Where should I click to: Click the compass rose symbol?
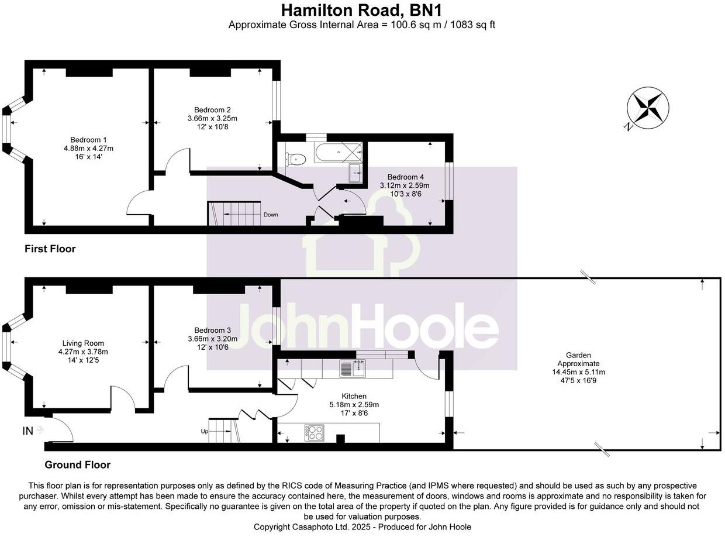[648, 108]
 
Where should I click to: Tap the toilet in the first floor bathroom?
[296, 158]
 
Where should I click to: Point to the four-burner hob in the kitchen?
[314, 433]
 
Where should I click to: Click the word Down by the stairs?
[270, 215]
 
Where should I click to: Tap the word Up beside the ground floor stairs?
[205, 432]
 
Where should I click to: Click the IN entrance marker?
[28, 431]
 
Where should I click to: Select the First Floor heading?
[50, 249]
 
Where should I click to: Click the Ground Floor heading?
[77, 465]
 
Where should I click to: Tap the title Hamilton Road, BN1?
[361, 10]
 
